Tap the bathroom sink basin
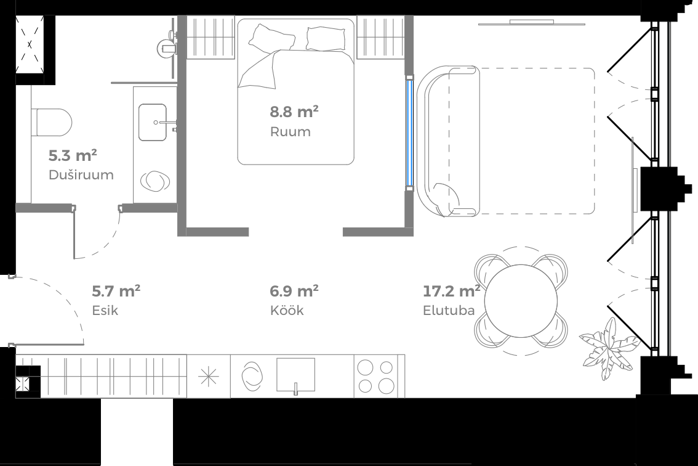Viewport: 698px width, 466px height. pos(153,122)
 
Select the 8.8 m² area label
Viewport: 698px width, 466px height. pos(294,112)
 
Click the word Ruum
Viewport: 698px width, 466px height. pos(290,132)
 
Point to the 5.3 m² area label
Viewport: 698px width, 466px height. pos(73,155)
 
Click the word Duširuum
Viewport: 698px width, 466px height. pos(81,175)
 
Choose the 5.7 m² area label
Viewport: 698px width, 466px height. pos(116,290)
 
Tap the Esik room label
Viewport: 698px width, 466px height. pos(105,310)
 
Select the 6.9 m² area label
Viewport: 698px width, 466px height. pos(294,290)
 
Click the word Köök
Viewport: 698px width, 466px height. pos(287,310)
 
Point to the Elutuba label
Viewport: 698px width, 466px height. pos(449,310)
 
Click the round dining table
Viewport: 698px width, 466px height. pos(520,301)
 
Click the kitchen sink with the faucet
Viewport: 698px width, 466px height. pos(295,375)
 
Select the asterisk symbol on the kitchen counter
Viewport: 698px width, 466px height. pos(209,376)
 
